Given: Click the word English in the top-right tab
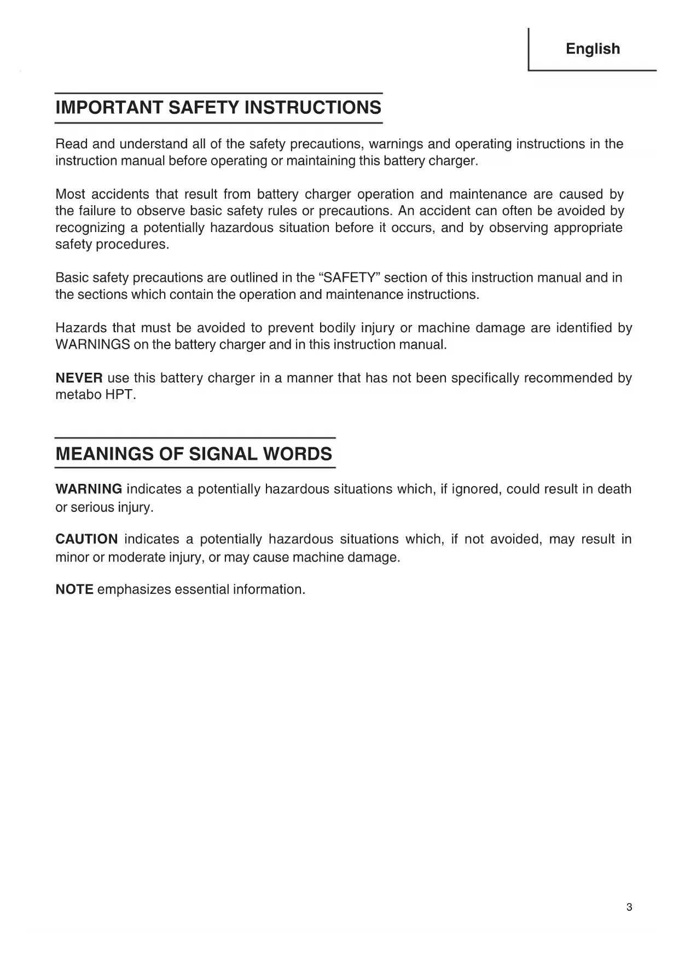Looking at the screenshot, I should point(593,49).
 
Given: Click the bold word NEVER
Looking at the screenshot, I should point(79,378).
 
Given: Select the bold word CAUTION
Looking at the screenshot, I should point(86,539).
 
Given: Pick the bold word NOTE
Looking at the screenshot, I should point(74,589).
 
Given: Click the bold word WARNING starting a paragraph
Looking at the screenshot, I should point(89,489).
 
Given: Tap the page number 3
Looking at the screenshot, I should point(629,907).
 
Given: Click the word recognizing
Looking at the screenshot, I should point(90,228).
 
